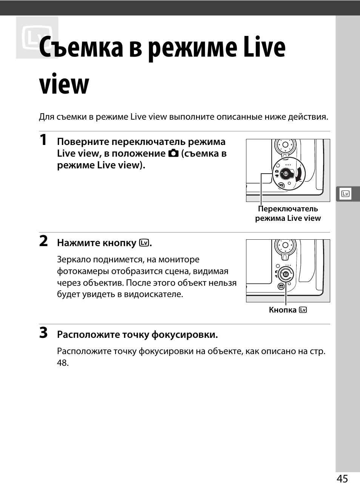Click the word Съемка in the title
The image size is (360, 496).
[x=81, y=48]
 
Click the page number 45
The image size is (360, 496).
[x=342, y=479]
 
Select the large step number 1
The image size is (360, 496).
[x=44, y=140]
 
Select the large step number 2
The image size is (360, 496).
[x=44, y=241]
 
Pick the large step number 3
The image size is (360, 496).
[x=44, y=333]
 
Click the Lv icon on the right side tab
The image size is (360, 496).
[x=345, y=194]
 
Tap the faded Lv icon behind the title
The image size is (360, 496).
[x=37, y=38]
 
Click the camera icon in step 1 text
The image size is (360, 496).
[x=173, y=154]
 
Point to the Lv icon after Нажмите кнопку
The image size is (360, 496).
[x=143, y=243]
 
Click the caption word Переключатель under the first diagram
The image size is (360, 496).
[x=288, y=209]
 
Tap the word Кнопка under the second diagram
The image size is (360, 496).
[x=282, y=310]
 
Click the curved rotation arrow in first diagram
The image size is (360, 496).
[x=299, y=175]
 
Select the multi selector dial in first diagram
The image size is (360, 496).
[x=286, y=145]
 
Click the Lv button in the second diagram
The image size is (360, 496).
[x=286, y=274]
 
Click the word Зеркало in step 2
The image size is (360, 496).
[x=74, y=260]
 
